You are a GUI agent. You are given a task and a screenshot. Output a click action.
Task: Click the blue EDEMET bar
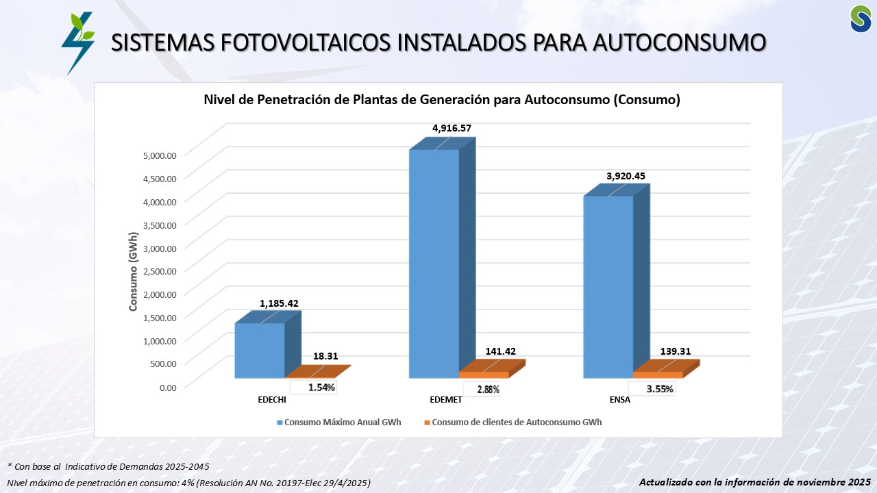434,264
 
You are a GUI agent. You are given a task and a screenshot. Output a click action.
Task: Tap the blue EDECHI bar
260,350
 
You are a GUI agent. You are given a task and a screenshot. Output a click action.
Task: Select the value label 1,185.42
279,303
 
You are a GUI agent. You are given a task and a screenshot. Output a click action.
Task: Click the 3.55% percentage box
660,389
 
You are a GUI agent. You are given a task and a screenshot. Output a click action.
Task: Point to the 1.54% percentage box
321,388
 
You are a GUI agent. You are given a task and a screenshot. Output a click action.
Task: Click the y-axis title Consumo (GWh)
134,271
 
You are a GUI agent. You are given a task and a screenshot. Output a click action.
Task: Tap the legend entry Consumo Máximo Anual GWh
338,422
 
